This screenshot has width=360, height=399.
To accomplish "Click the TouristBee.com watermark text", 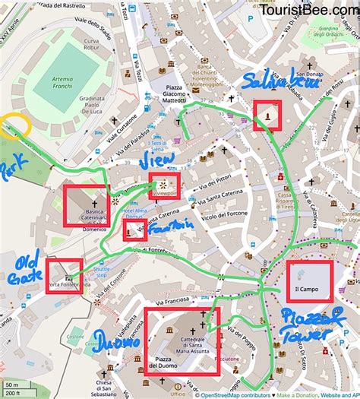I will pyautogui.click(x=308, y=10).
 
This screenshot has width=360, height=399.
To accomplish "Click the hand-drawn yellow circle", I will pyautogui.click(x=16, y=125).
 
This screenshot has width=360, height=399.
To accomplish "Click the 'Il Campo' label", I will pyautogui.click(x=310, y=290).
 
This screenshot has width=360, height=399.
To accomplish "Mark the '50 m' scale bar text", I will pyautogui.click(x=11, y=385).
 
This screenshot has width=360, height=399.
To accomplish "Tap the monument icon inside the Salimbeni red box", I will pyautogui.click(x=267, y=115).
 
